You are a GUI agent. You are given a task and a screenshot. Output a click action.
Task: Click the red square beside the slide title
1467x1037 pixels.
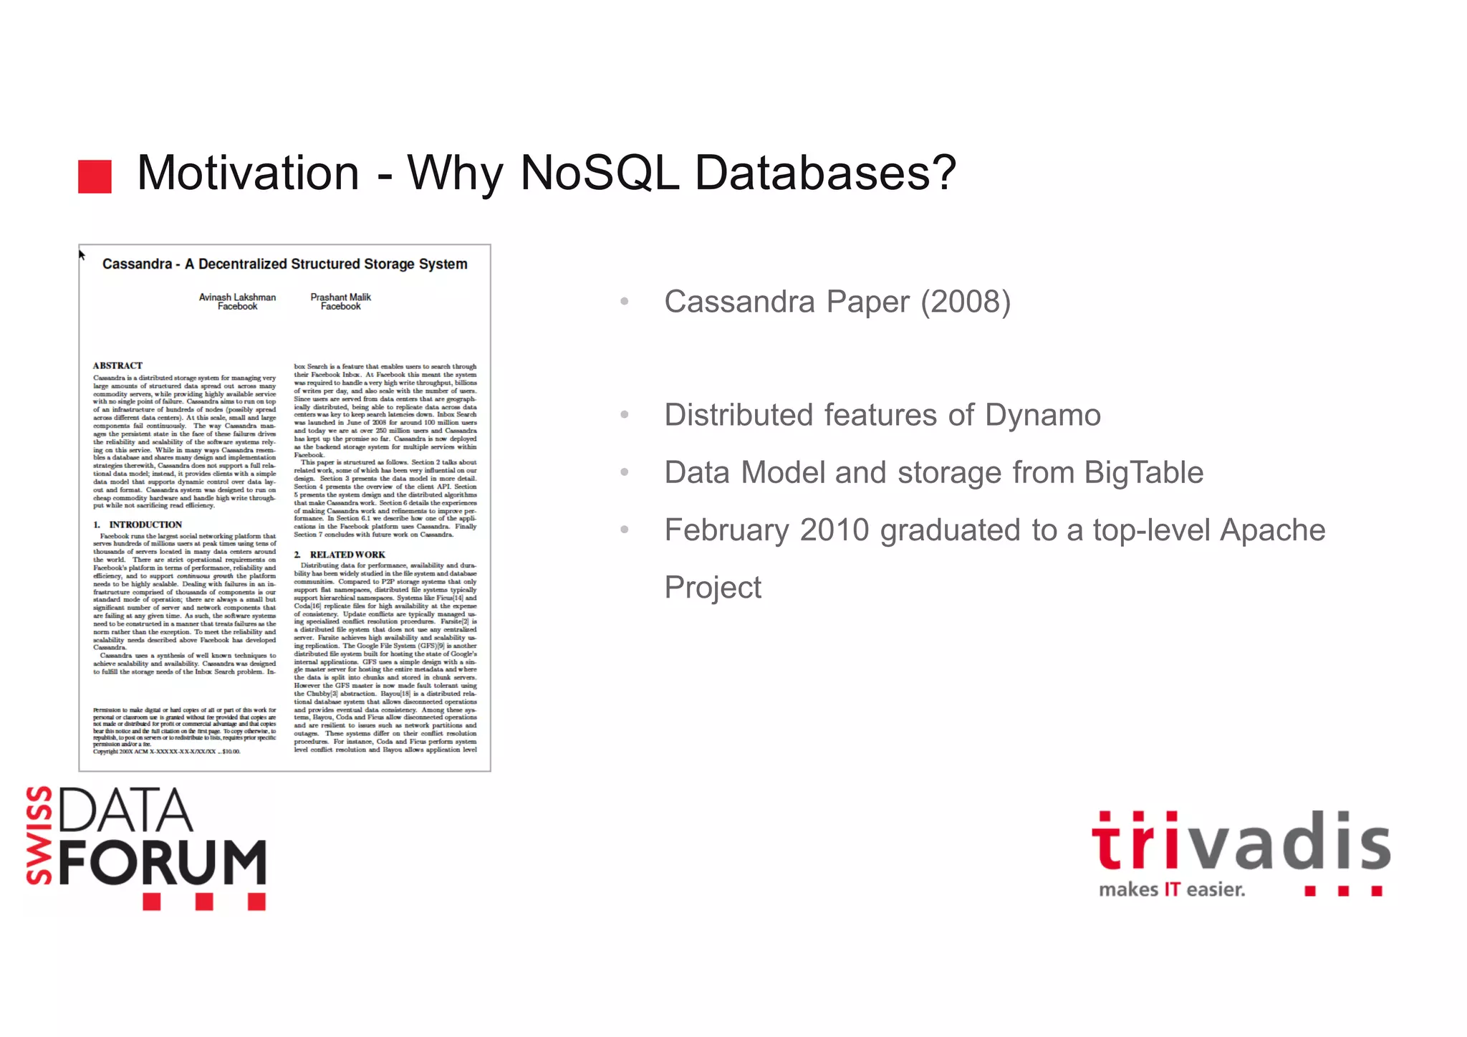click(x=95, y=176)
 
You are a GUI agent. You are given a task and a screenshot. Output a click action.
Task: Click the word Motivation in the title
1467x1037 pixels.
click(x=248, y=173)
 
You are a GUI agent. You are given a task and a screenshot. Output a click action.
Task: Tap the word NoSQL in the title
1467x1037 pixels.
click(x=600, y=173)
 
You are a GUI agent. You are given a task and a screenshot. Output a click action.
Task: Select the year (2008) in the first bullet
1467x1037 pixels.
click(x=966, y=302)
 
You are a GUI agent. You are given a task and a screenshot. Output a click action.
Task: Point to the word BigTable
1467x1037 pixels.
click(x=1143, y=473)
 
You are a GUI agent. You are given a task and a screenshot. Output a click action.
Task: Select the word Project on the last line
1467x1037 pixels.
click(x=713, y=588)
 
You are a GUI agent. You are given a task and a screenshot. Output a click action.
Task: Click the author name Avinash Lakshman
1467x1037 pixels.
click(x=237, y=297)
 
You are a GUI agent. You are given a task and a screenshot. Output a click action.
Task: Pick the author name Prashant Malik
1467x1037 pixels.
click(x=341, y=297)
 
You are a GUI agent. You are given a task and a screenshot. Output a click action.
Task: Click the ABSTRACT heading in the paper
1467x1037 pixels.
click(x=117, y=365)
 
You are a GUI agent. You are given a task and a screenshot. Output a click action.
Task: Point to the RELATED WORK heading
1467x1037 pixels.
click(x=347, y=555)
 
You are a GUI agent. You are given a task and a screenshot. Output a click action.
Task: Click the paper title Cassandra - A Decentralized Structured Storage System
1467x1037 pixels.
click(x=284, y=264)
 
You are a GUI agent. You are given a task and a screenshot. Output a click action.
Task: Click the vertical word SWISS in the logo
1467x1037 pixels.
click(x=40, y=836)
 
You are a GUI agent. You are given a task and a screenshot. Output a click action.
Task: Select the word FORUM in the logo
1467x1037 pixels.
click(x=163, y=863)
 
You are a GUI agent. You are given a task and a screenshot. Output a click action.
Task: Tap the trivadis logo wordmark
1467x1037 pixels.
click(x=1241, y=842)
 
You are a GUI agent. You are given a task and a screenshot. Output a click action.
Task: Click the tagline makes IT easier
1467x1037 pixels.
click(x=1172, y=890)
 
